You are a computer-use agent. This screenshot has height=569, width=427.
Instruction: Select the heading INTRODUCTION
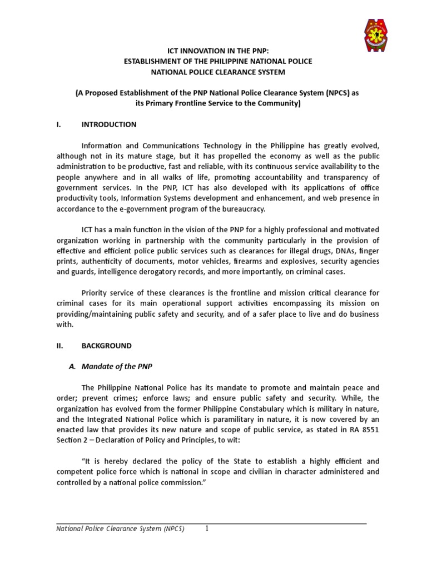point(109,124)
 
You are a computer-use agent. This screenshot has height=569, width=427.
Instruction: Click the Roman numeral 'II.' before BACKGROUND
point(61,346)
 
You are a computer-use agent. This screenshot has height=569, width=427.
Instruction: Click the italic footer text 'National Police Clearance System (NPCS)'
point(121,528)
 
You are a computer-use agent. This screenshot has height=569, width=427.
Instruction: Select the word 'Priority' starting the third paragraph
point(95,293)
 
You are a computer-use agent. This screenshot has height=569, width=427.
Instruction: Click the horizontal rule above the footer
point(212,523)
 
